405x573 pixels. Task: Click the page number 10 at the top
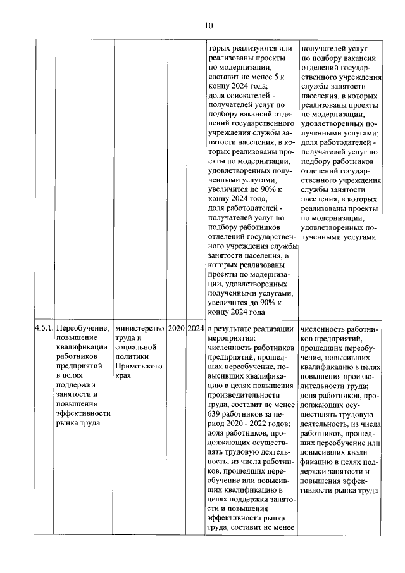pyautogui.click(x=209, y=25)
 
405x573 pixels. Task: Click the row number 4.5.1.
pyautogui.click(x=44, y=328)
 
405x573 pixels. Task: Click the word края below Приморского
pyautogui.click(x=123, y=375)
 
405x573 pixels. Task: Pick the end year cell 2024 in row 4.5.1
pyautogui.click(x=196, y=328)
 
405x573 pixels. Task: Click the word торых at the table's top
pyautogui.click(x=220, y=49)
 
